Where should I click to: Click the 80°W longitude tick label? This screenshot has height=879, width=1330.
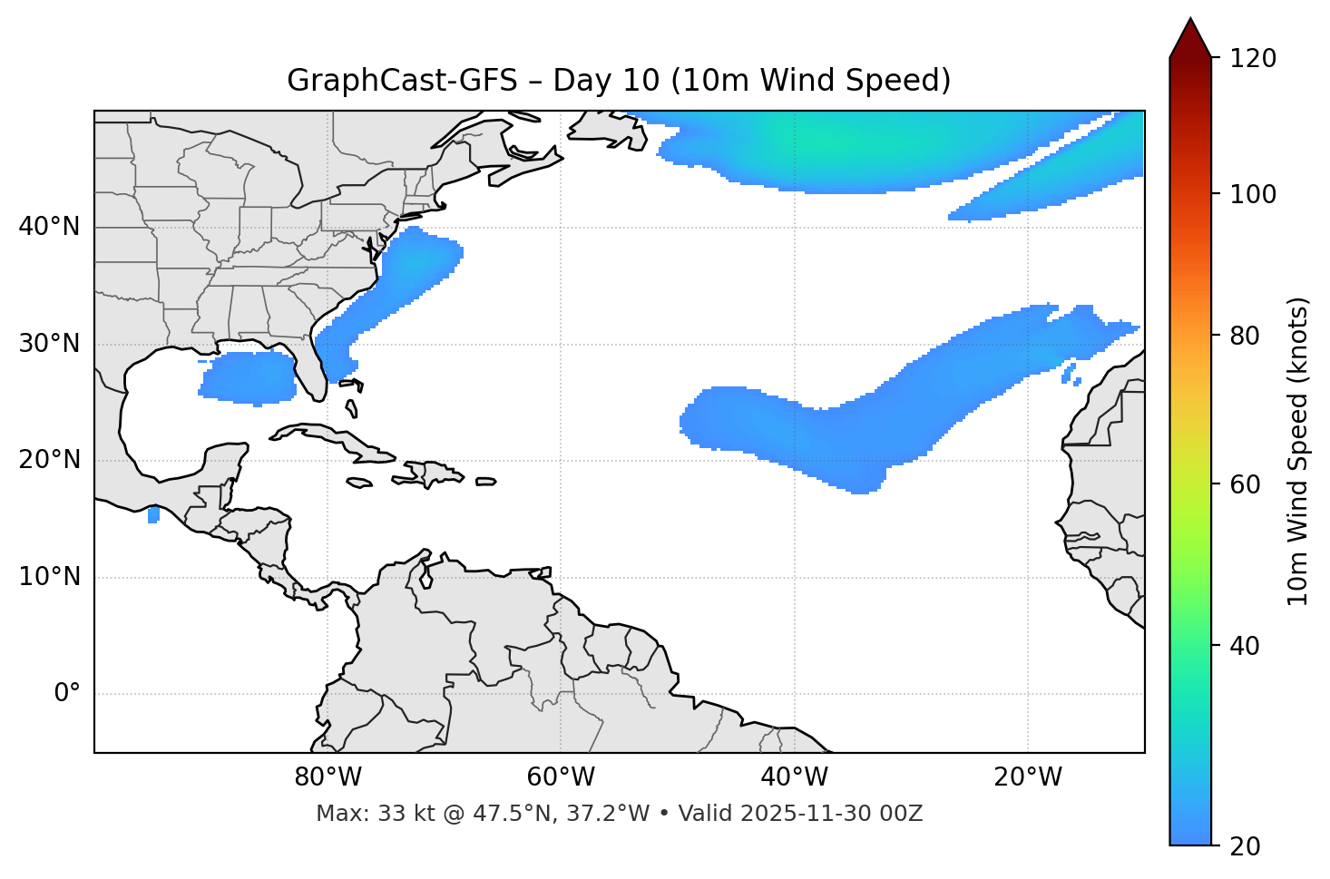click(328, 777)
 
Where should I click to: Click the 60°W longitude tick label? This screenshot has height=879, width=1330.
click(561, 777)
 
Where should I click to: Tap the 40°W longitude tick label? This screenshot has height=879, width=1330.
click(794, 777)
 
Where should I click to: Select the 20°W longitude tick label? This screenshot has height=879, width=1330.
click(1028, 777)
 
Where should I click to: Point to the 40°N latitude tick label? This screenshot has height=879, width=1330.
click(49, 227)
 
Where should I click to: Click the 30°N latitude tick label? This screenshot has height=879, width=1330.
click(49, 344)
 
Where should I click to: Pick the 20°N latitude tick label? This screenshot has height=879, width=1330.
click(49, 460)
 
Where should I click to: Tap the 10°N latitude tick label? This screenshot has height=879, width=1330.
click(49, 577)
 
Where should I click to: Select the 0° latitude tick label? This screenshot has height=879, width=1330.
click(67, 694)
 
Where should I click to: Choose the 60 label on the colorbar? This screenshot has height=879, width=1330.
click(1247, 484)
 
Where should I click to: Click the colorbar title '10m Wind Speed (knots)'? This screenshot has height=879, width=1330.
click(1298, 451)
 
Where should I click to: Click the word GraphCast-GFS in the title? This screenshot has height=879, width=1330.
click(402, 81)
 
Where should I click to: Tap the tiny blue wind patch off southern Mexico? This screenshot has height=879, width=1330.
click(153, 514)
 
